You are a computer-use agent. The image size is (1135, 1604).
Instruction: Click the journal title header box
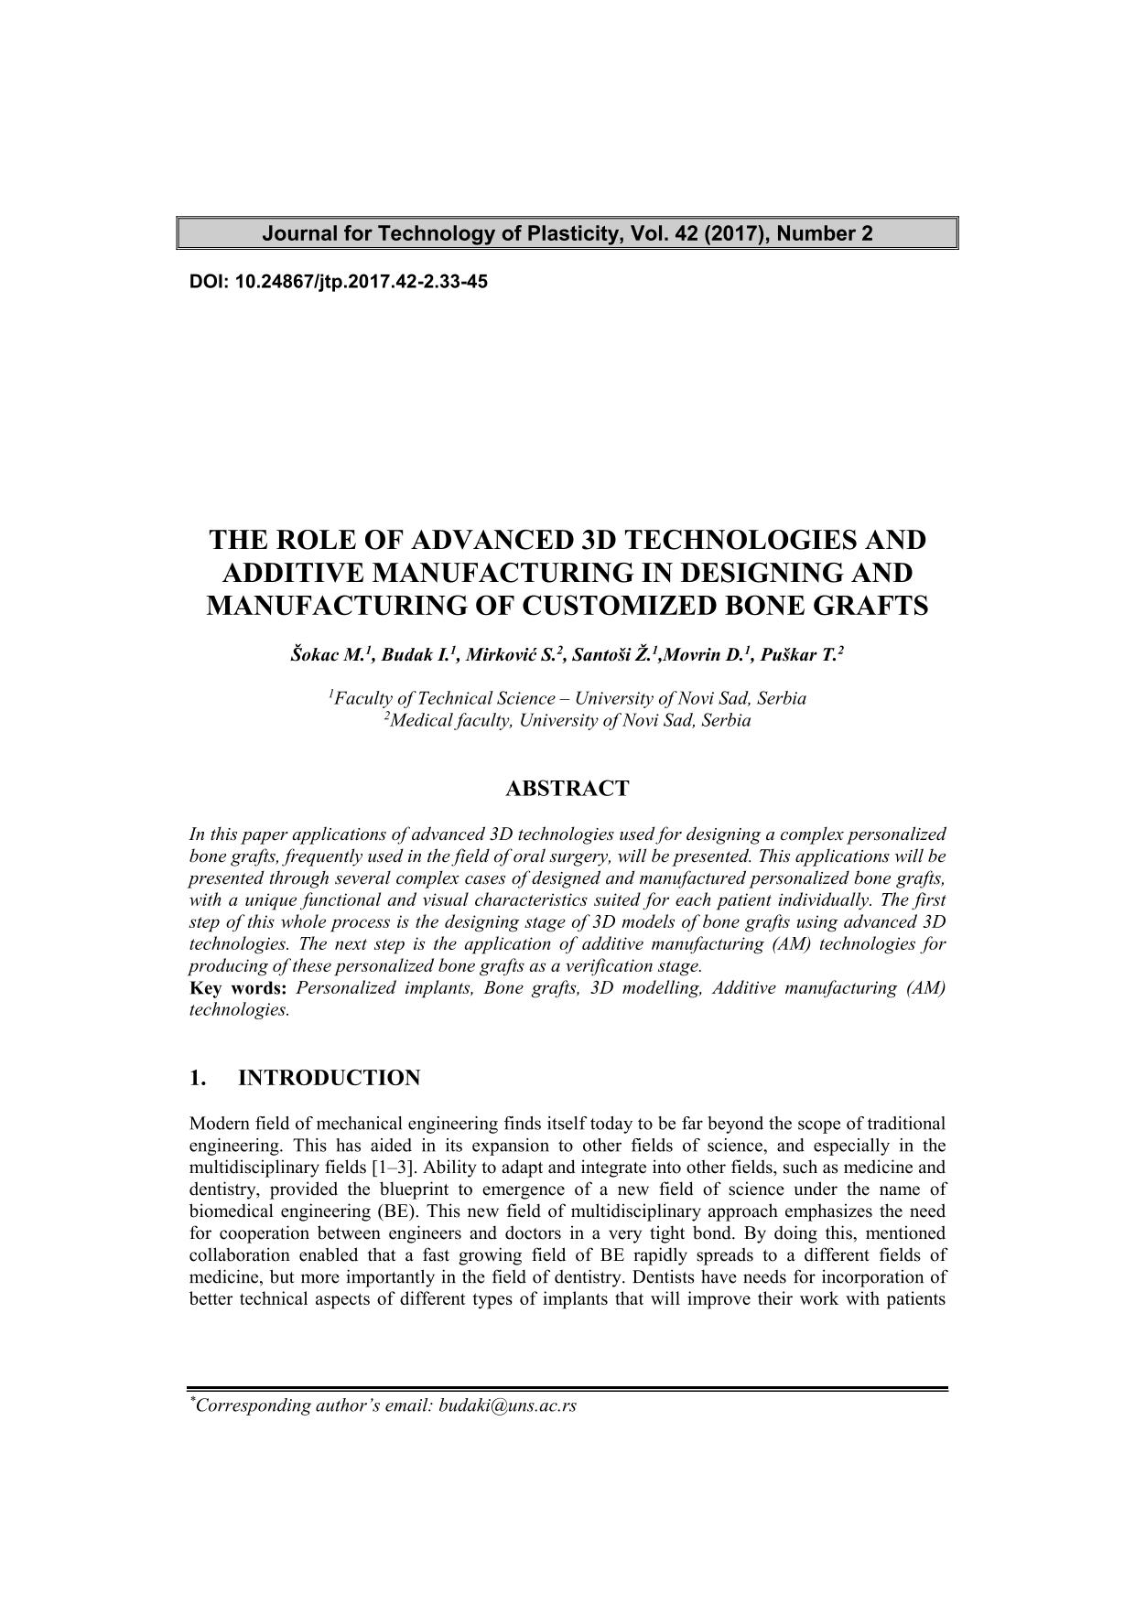pyautogui.click(x=567, y=233)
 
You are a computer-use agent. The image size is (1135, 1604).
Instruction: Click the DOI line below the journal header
pyautogui.click(x=338, y=282)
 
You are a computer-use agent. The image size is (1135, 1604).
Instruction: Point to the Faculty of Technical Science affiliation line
pyautogui.click(x=567, y=698)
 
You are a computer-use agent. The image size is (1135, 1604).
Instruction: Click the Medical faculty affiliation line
pyautogui.click(x=567, y=720)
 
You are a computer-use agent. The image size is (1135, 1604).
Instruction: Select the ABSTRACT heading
pyautogui.click(x=567, y=789)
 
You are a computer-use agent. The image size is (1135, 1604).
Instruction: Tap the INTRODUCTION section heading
pyautogui.click(x=329, y=1078)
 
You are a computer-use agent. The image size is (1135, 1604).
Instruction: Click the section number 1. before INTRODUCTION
pyautogui.click(x=198, y=1078)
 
